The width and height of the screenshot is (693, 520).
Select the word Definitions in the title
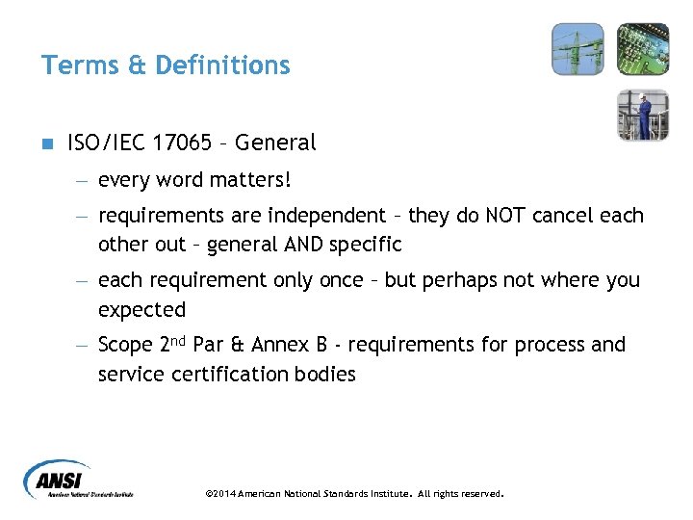(x=222, y=65)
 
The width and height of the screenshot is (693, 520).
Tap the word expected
(x=141, y=310)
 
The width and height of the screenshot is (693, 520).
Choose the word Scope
(x=125, y=346)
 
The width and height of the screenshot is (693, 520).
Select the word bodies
(x=322, y=375)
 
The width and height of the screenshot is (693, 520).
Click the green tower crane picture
(x=577, y=49)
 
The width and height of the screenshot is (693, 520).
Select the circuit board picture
(x=642, y=49)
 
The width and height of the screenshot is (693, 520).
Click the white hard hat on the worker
(x=644, y=96)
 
